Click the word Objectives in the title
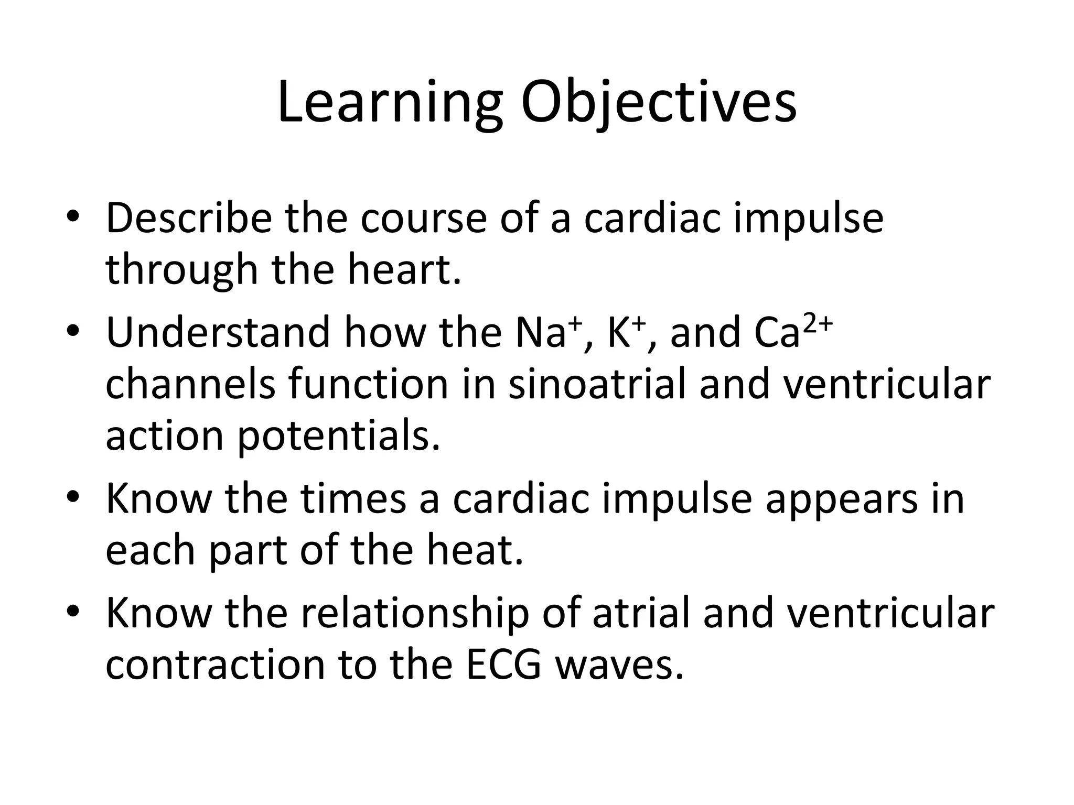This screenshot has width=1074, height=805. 658,103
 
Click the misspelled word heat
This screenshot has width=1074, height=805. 475,551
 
